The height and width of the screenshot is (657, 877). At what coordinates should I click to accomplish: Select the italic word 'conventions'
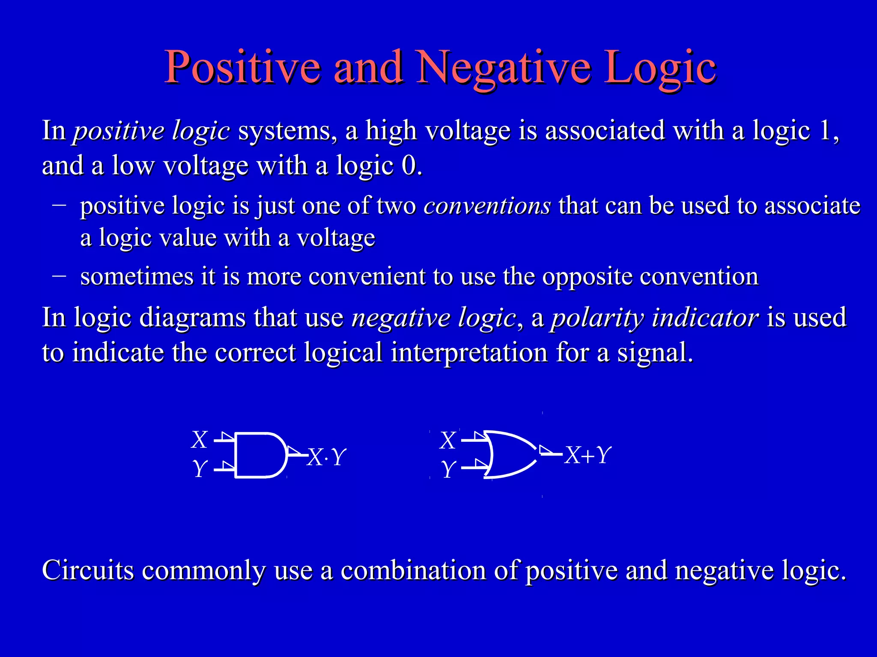(x=487, y=206)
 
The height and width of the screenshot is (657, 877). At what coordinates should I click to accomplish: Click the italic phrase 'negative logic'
(x=433, y=318)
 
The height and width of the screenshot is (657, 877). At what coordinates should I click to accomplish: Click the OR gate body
(x=510, y=454)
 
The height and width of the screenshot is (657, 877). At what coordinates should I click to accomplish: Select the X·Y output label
(x=326, y=457)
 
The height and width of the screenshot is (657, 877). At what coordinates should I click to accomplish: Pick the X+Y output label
(x=588, y=455)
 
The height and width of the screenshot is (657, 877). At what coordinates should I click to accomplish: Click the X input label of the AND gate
(x=200, y=440)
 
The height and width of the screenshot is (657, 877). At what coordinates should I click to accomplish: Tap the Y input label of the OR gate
(x=448, y=469)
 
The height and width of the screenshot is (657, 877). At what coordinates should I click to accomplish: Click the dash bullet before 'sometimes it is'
(x=59, y=276)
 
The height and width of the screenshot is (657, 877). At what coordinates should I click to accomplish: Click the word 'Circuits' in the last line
(x=88, y=570)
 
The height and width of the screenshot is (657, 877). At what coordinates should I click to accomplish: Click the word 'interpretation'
(x=469, y=353)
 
